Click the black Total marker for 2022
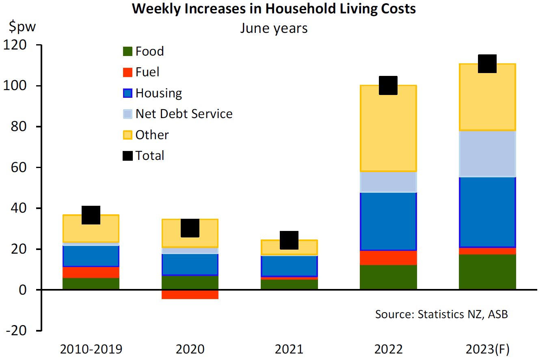click(x=388, y=85)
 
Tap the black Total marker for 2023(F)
click(x=487, y=64)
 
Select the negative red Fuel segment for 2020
click(x=190, y=294)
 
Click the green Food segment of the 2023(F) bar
click(x=487, y=272)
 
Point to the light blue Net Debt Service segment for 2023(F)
click(x=487, y=154)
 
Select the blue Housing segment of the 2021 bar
click(x=289, y=266)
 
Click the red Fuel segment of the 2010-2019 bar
click(x=91, y=272)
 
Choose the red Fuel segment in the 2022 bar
click(x=388, y=258)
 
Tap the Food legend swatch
click(x=128, y=52)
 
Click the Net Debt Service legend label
click(x=184, y=114)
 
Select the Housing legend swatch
click(x=128, y=93)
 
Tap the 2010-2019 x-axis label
click(x=91, y=349)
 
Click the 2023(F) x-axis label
click(x=487, y=349)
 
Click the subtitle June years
click(x=274, y=28)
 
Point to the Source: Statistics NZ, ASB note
click(x=441, y=314)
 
